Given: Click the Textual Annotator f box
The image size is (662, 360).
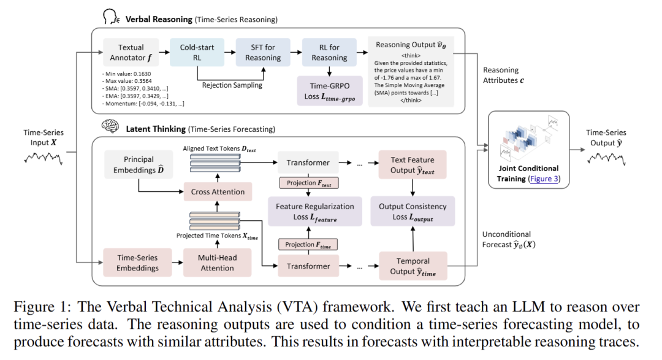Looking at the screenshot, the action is (x=131, y=52).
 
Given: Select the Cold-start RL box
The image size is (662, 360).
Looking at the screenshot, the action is (x=197, y=52).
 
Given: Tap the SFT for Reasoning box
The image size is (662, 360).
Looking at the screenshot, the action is (x=263, y=52).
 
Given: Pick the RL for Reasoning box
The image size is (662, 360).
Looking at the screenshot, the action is (x=329, y=52).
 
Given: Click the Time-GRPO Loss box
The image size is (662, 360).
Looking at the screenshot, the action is (x=330, y=91).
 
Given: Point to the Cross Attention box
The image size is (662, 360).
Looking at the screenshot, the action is (x=218, y=192).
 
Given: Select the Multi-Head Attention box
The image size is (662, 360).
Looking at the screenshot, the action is (x=218, y=263).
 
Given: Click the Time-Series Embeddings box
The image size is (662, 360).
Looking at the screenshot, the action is (x=138, y=263).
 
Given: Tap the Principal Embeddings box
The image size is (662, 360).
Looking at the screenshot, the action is (x=139, y=164).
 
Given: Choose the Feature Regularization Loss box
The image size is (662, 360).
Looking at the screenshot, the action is (x=315, y=211).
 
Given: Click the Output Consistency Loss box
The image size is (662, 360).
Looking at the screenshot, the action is (x=413, y=211).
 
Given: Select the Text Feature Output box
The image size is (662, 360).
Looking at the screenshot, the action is (x=413, y=165).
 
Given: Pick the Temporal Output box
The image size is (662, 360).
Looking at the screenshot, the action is (x=413, y=266).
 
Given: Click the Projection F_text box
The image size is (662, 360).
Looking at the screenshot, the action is (x=309, y=183).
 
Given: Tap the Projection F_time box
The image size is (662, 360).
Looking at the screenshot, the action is (x=308, y=245).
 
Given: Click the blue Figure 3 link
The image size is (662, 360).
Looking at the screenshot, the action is (x=544, y=178).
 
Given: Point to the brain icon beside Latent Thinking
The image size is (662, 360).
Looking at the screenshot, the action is (x=110, y=126).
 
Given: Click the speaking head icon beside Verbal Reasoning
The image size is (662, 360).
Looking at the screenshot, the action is (x=111, y=17).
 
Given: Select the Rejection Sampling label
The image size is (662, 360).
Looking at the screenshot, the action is (x=232, y=85).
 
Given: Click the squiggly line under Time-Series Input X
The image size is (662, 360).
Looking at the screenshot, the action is (x=44, y=158).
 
